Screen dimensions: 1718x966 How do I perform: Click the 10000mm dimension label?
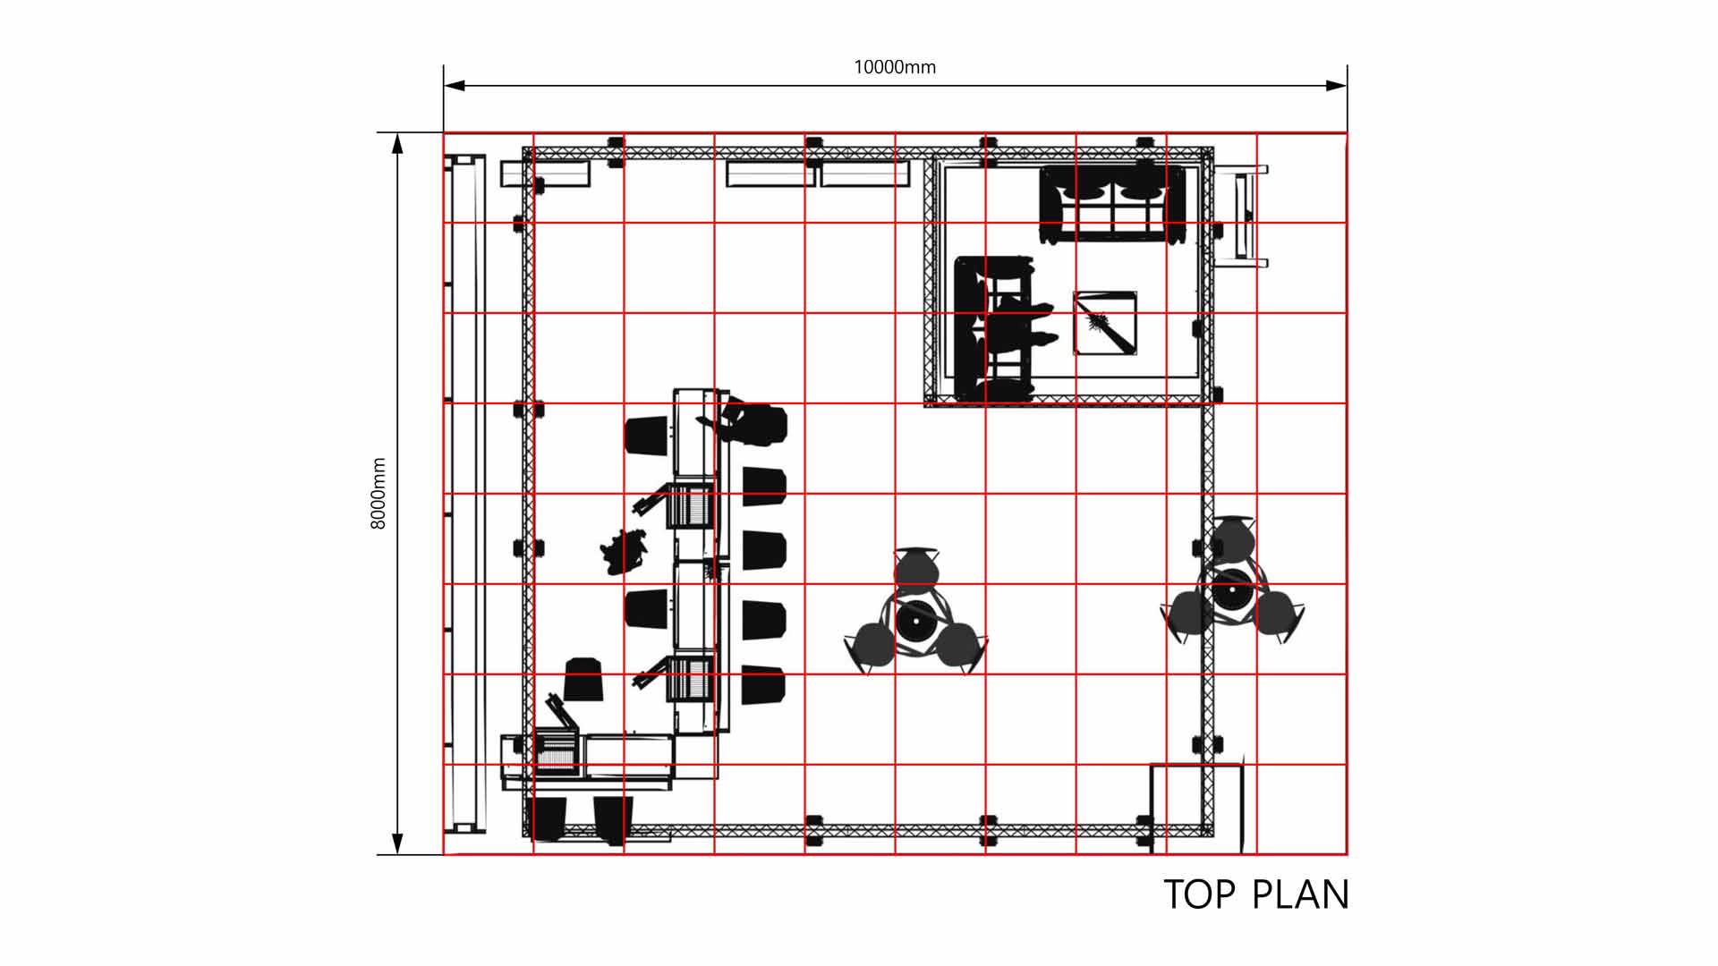click(895, 67)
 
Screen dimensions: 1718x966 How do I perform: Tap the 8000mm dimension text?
click(378, 494)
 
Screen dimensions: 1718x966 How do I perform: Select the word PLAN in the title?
click(1300, 894)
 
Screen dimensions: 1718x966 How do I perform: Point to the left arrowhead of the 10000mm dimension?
click(455, 86)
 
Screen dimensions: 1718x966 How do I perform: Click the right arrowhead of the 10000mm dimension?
click(1336, 86)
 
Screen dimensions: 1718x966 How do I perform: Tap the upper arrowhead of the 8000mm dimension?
click(398, 143)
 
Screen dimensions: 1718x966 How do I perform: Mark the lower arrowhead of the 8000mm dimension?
click(398, 843)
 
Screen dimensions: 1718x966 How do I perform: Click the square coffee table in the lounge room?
click(1106, 323)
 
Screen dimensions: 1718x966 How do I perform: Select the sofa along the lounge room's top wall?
click(1113, 204)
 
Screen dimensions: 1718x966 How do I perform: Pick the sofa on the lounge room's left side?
click(995, 327)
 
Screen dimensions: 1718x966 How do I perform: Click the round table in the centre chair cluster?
click(915, 620)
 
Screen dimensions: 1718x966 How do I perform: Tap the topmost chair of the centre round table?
click(916, 570)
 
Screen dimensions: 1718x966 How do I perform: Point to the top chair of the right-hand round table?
click(1232, 538)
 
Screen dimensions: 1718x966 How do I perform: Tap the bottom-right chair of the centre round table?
click(958, 646)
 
